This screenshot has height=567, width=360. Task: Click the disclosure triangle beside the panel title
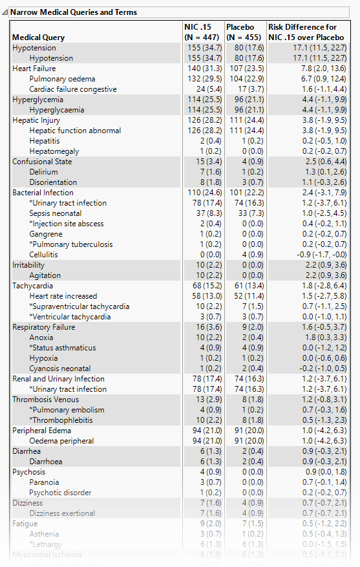click(x=5, y=12)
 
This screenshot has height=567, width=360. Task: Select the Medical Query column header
click(x=39, y=37)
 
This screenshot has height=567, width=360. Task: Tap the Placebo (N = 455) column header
click(x=244, y=32)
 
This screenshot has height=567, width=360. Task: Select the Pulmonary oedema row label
click(x=63, y=79)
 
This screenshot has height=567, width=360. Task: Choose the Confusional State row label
click(x=42, y=162)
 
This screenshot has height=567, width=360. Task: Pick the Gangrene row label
click(x=46, y=234)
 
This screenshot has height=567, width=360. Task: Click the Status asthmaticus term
click(x=63, y=348)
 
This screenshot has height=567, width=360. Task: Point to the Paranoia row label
click(x=44, y=482)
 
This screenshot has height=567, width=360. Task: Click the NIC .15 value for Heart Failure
click(x=203, y=69)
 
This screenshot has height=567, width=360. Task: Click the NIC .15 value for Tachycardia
click(x=203, y=286)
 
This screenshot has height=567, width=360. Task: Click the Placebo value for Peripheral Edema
click(x=244, y=431)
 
